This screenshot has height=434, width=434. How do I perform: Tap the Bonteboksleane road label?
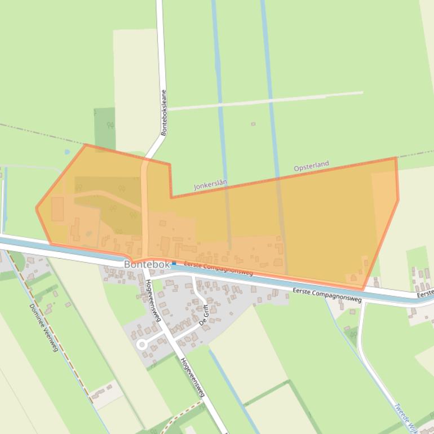pos(164,113)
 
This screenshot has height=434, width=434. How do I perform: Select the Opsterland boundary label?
pos(311,166)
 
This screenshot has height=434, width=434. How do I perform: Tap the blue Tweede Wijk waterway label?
pos(404,417)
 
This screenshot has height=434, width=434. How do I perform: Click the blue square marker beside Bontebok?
pos(174,263)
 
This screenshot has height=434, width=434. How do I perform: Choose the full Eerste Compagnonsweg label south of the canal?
pos(327,295)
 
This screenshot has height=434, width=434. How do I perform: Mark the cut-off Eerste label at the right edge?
pos(426,294)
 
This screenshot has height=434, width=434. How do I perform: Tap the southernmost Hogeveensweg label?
pos(191,378)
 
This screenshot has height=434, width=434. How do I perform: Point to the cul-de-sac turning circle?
pos(142,344)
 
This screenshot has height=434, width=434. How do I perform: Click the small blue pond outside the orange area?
pos(67,152)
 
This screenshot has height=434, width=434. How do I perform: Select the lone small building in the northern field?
pos(253,124)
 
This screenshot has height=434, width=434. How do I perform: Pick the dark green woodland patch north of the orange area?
pos(104,126)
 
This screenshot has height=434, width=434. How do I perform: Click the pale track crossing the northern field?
pos(265,100)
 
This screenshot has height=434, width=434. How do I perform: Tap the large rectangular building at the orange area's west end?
pos(58,209)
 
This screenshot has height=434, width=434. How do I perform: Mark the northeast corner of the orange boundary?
pos(396,158)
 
